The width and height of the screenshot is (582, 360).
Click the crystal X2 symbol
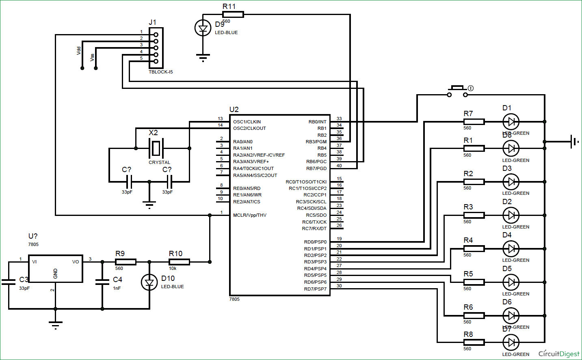pos(156,148)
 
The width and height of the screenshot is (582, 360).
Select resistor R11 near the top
pos(233,15)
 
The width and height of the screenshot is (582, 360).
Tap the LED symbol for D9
pos(203,28)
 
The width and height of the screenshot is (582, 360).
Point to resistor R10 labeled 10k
pos(179,262)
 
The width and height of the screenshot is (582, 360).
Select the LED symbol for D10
pos(149,282)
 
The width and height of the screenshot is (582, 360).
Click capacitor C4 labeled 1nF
pos(102,282)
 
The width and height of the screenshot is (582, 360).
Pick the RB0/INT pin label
pos(317,122)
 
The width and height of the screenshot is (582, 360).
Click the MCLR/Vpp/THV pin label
pos(250,215)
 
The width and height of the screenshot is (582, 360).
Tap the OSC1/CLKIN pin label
pos(247,122)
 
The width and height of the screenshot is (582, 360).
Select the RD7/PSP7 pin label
pos(315,289)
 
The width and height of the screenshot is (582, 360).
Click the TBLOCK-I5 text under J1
pos(160,72)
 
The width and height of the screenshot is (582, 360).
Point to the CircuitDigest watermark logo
pos(559,354)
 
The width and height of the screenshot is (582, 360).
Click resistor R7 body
pos(474,122)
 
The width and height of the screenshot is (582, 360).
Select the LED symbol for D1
pos(511,121)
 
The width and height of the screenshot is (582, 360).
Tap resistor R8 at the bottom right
pos(474,343)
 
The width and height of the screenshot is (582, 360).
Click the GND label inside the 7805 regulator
pos(56,274)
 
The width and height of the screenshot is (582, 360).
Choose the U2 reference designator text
pos(234,110)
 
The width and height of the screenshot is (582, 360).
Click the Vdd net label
pos(79,51)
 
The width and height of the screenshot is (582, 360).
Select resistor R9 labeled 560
pos(125,262)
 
